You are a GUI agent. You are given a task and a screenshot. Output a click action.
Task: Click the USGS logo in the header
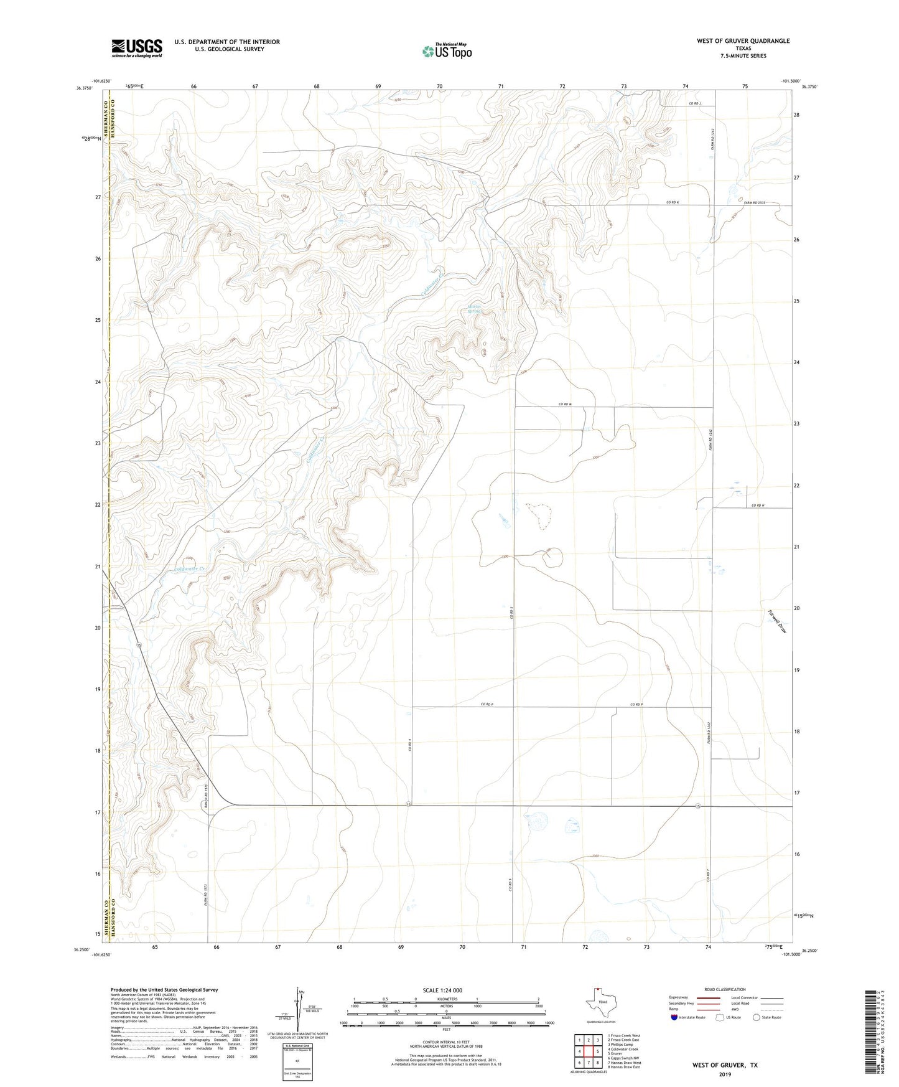click(x=137, y=48)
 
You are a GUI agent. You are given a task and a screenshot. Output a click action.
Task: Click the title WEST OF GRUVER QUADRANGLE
click(x=743, y=41)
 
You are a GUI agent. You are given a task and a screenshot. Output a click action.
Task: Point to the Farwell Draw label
click(x=777, y=621)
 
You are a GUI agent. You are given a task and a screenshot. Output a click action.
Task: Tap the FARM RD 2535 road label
click(x=754, y=203)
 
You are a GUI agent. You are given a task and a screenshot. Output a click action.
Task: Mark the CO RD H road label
click(x=757, y=506)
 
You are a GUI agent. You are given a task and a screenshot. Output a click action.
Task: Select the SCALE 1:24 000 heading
click(x=442, y=991)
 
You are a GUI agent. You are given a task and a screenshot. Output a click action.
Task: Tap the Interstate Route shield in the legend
click(x=674, y=1017)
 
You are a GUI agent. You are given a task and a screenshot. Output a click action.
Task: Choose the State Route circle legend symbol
click(x=756, y=1017)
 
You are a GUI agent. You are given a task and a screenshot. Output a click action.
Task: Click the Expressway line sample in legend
click(x=709, y=997)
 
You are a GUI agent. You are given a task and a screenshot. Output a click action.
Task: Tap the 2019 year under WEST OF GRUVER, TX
click(x=725, y=1074)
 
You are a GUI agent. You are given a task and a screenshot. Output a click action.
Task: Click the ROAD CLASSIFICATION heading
click(x=725, y=989)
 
